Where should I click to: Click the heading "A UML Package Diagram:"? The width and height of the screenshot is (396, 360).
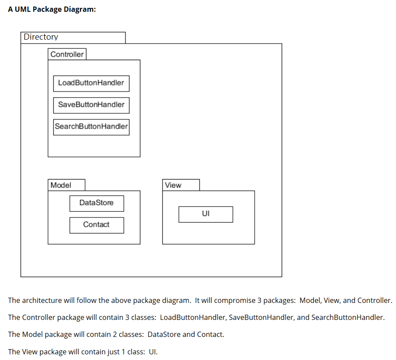click(52, 9)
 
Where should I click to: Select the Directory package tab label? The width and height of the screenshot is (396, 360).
click(41, 37)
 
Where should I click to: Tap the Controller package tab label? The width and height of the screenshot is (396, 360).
click(67, 54)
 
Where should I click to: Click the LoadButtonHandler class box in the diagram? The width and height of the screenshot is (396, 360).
click(91, 83)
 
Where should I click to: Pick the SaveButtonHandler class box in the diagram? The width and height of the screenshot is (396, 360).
click(91, 105)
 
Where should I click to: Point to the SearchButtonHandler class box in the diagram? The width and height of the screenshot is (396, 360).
click(91, 126)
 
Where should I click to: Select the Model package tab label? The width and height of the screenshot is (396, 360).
click(61, 185)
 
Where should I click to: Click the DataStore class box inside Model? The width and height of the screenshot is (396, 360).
click(96, 203)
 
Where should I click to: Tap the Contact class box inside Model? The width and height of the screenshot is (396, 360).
click(96, 224)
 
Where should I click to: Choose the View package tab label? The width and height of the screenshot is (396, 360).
click(173, 185)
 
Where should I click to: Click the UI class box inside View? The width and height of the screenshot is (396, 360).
click(205, 214)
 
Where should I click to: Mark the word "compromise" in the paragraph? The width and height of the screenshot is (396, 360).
click(236, 300)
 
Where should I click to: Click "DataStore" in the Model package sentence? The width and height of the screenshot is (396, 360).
click(164, 334)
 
